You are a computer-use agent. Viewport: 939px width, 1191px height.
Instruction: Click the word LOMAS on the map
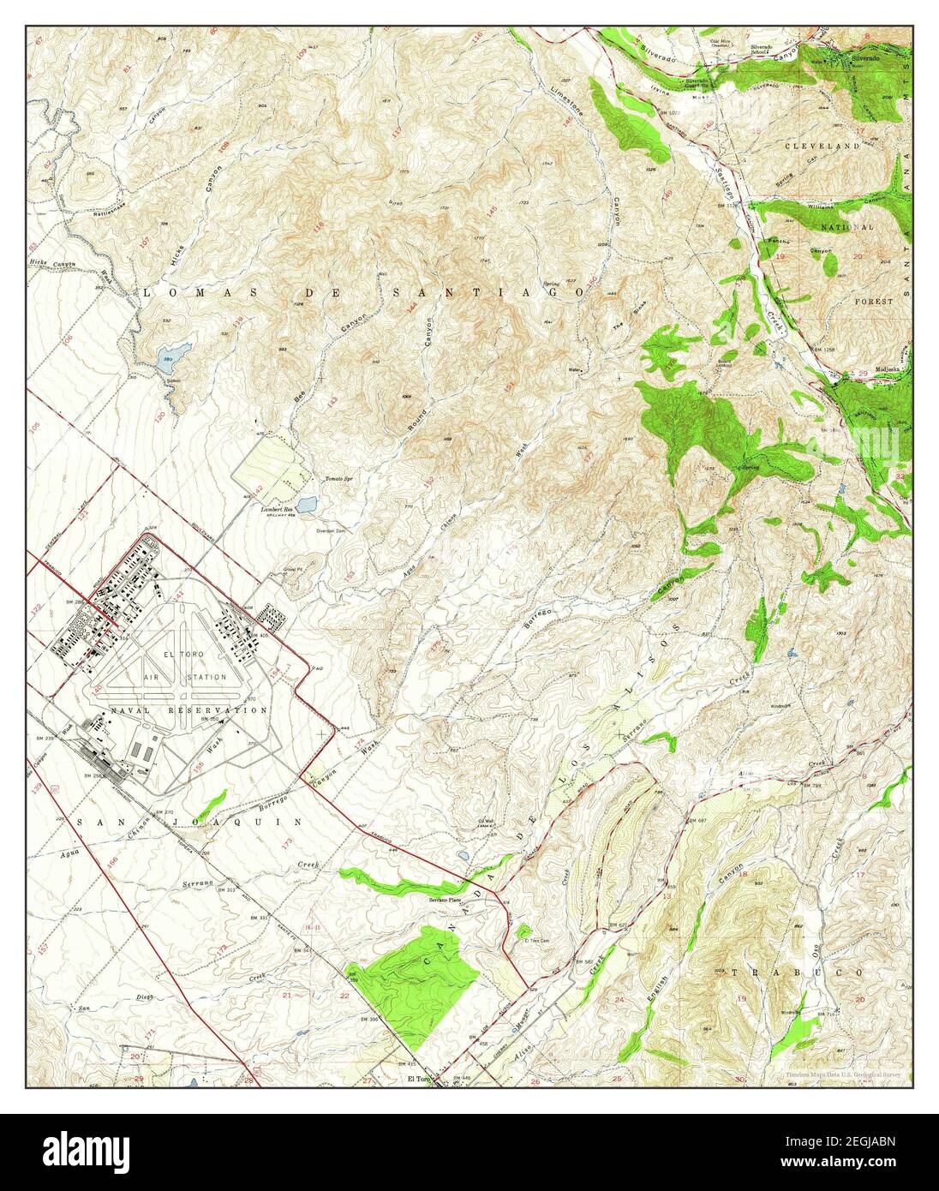click(181, 293)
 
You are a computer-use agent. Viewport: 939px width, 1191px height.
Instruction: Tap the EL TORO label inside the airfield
click(188, 652)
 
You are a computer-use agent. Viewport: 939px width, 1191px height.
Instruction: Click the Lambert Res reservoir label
click(277, 509)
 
